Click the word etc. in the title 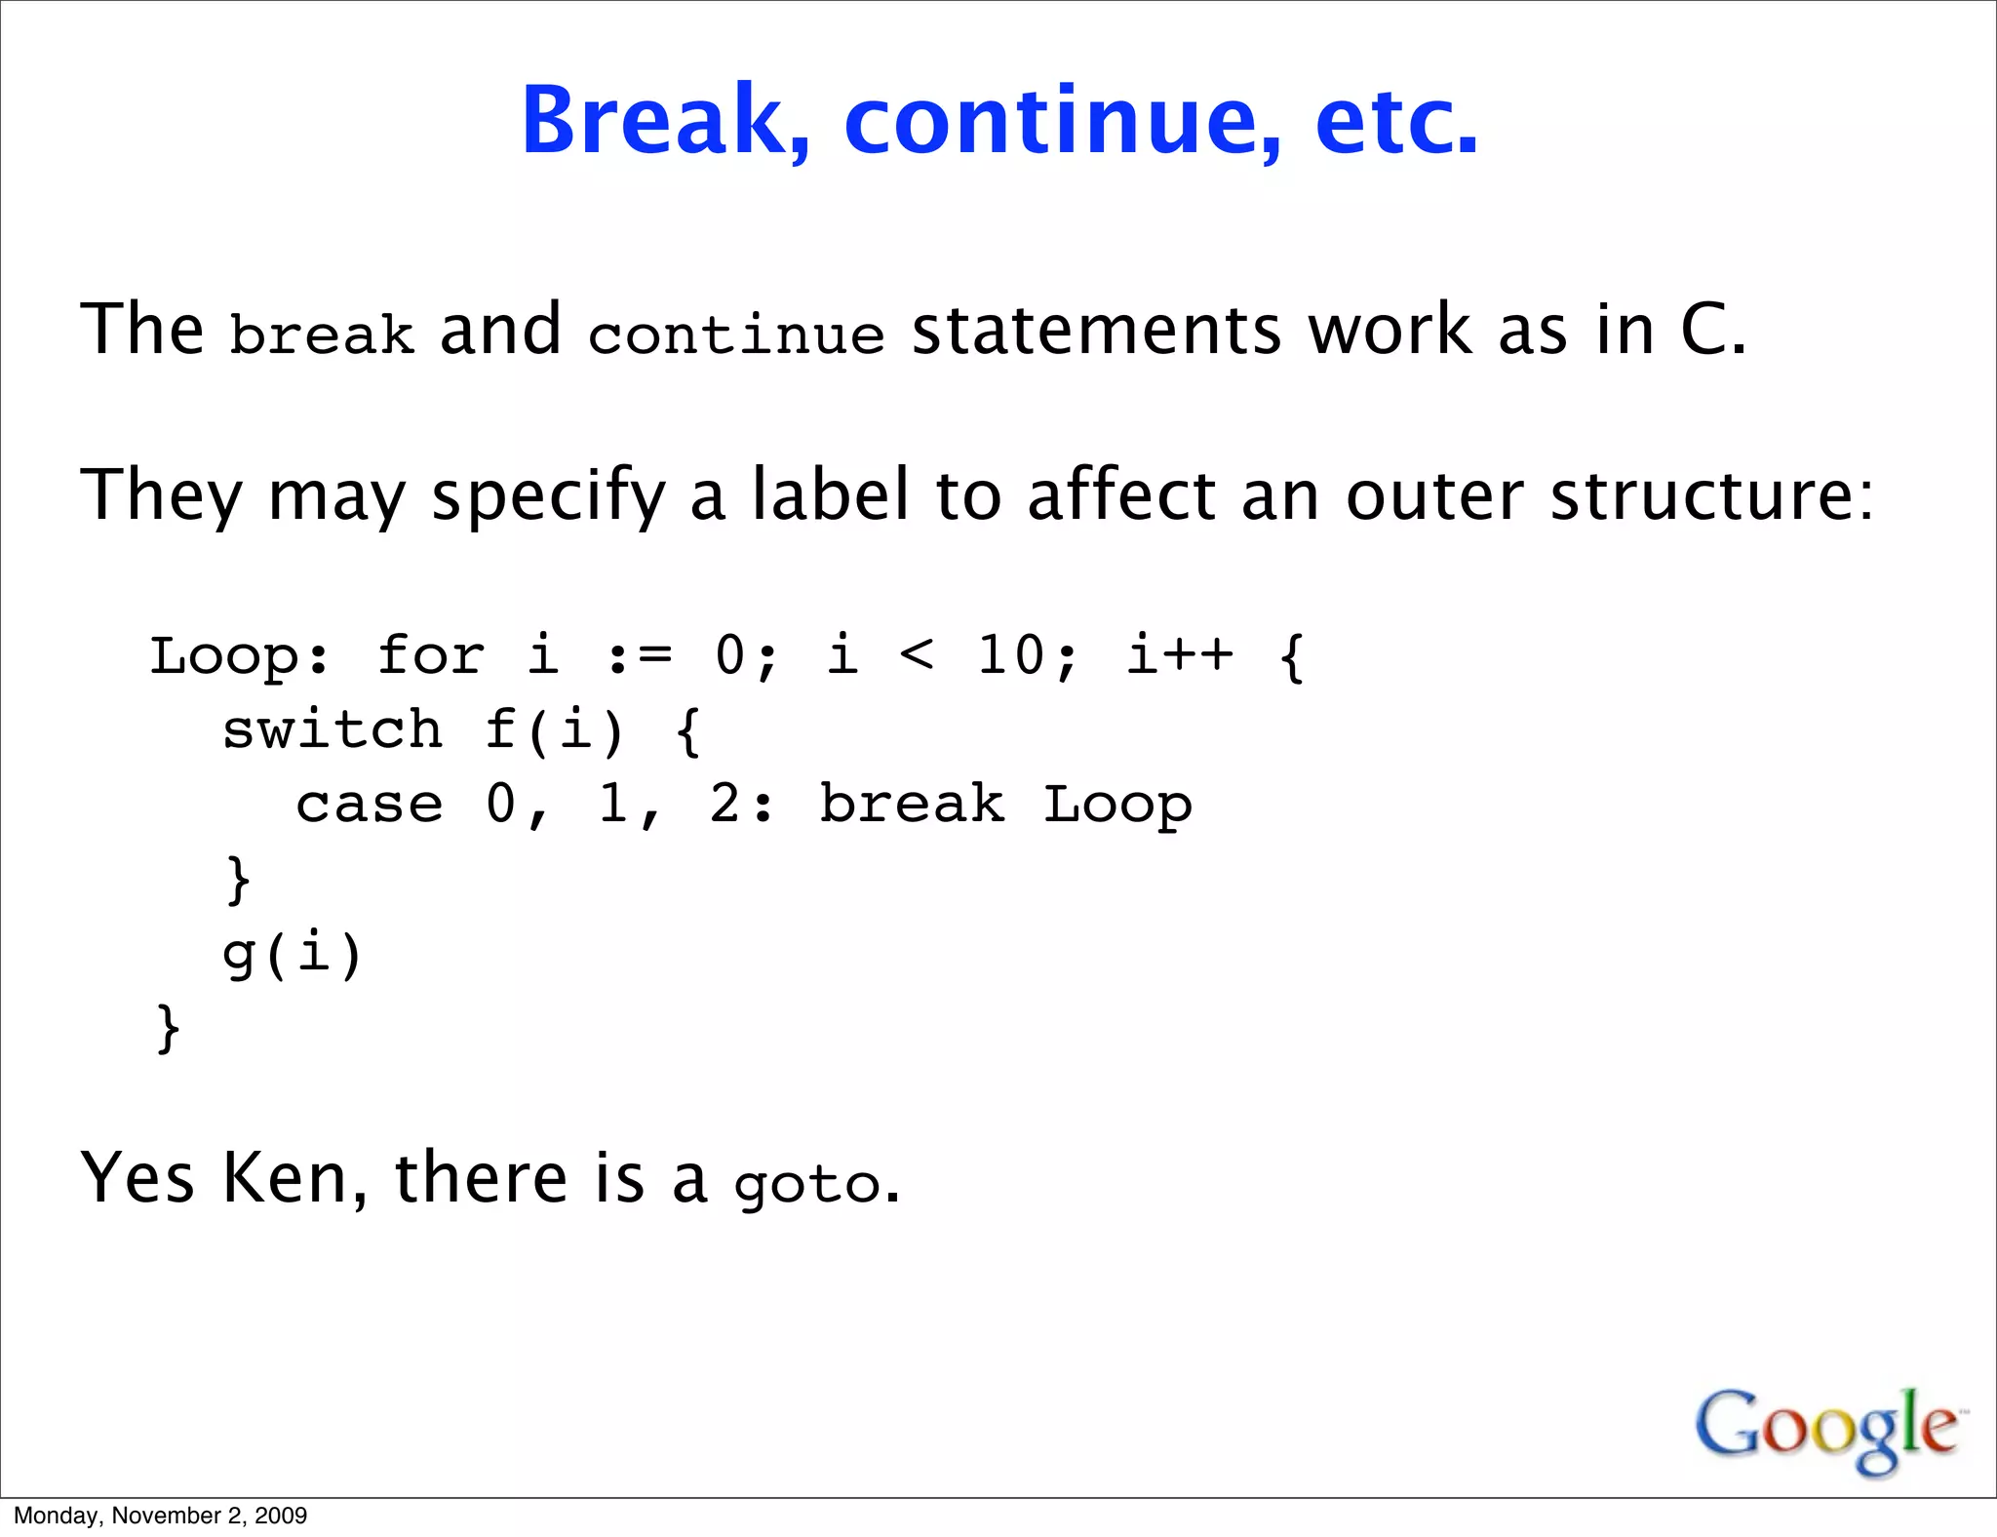(1396, 121)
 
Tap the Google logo (1826, 1429)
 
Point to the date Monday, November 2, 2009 (161, 1516)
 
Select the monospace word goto (807, 1185)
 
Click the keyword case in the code (370, 805)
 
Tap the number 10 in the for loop (1011, 654)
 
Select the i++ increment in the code (1180, 654)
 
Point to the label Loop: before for (239, 655)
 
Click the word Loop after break (1117, 806)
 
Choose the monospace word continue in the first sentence (736, 335)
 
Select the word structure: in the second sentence (1711, 495)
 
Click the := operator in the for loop (640, 655)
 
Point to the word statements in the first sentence (1096, 330)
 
